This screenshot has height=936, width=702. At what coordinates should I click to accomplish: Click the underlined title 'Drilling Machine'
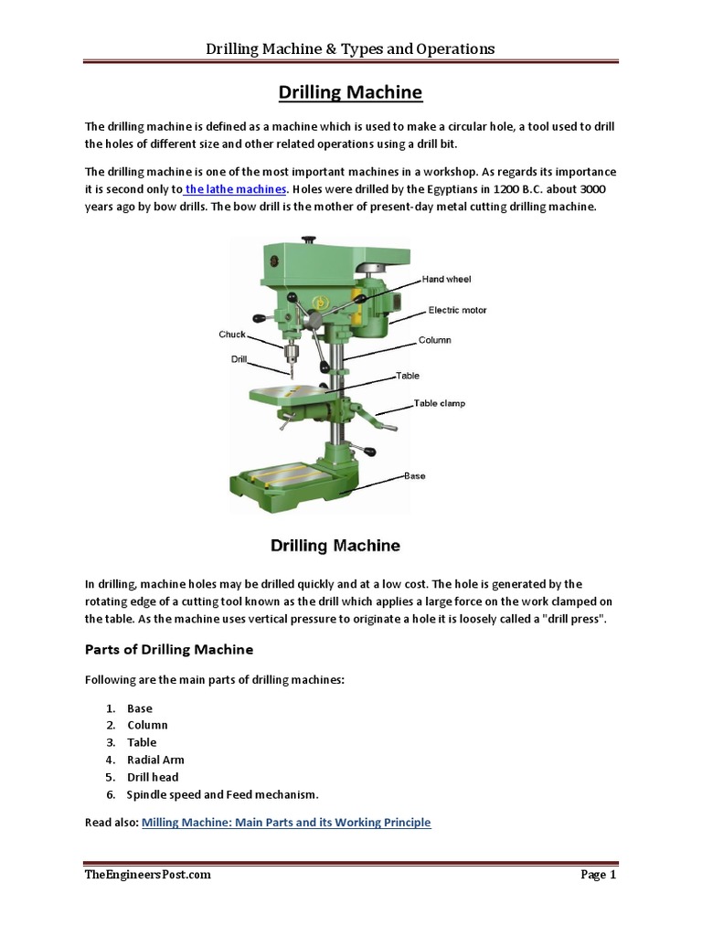351,92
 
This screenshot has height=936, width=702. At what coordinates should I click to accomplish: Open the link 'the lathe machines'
236,189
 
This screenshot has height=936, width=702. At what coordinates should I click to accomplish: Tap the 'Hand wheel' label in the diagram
446,279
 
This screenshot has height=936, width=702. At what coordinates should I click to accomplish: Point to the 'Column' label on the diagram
435,340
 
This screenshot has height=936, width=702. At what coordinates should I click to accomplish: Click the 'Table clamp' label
440,403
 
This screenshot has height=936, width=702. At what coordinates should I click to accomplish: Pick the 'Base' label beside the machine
414,475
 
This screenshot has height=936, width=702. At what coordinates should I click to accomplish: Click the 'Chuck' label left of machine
232,335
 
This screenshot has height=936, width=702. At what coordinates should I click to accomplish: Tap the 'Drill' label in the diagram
239,359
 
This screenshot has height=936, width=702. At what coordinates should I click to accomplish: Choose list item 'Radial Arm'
155,760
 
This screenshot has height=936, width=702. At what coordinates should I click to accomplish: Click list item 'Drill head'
153,777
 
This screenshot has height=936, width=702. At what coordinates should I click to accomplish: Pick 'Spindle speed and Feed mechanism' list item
222,794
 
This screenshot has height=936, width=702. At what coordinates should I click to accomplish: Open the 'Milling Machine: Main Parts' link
285,823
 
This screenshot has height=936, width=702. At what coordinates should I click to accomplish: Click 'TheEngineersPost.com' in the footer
147,875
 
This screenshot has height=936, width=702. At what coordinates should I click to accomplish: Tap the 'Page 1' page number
599,875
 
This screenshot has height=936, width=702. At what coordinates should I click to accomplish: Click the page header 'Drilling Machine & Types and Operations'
351,48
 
